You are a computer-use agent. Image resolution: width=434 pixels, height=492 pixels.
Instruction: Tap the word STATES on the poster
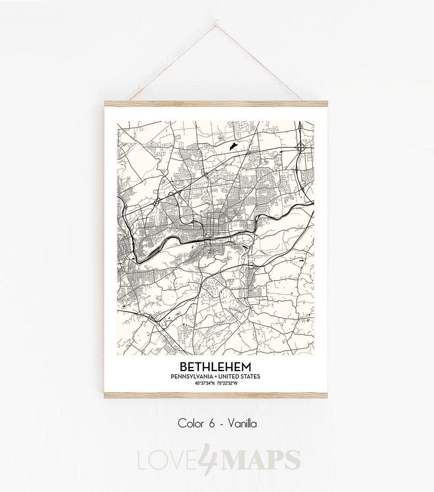point(251,377)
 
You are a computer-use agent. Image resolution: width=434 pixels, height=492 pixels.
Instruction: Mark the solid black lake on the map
point(232,147)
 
